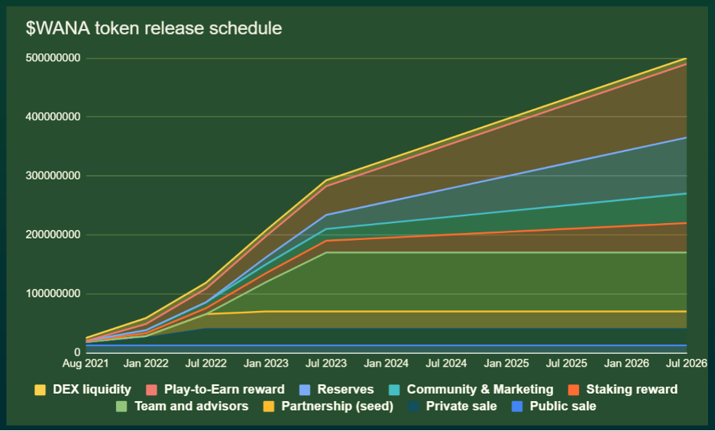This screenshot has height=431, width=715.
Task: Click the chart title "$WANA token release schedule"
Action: click(x=154, y=29)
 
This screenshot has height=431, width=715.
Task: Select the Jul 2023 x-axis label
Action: click(x=326, y=362)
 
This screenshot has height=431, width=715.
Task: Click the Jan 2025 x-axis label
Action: click(x=506, y=362)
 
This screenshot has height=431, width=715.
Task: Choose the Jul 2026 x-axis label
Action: click(x=685, y=362)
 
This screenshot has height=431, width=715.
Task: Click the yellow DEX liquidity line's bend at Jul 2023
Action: click(x=326, y=180)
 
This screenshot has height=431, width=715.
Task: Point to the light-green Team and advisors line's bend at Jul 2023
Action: click(x=326, y=252)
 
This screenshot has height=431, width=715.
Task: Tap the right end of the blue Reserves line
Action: click(x=685, y=138)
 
